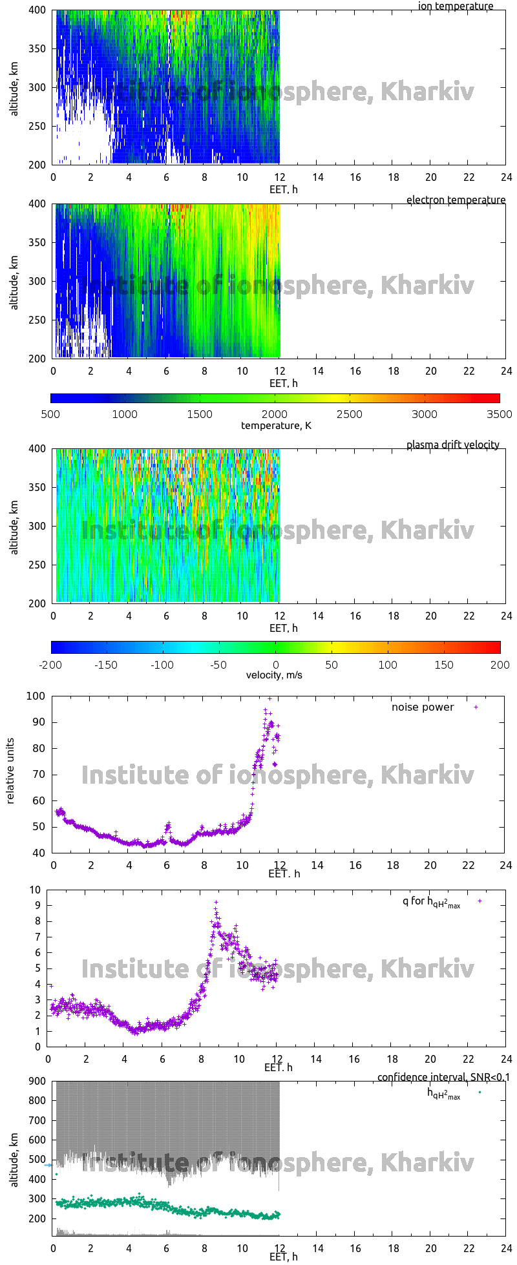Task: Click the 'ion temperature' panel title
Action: (455, 6)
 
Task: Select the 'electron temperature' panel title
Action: (456, 200)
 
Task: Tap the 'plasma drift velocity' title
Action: (452, 444)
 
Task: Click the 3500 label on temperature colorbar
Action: (499, 414)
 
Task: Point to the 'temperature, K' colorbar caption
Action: (276, 425)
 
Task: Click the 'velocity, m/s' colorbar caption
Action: (274, 675)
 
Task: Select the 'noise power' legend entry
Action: (423, 707)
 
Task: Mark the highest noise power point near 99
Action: (270, 698)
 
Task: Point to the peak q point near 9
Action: (216, 903)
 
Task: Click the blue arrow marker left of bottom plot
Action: (48, 1165)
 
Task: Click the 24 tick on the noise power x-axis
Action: (505, 865)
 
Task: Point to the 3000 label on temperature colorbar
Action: (425, 414)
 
